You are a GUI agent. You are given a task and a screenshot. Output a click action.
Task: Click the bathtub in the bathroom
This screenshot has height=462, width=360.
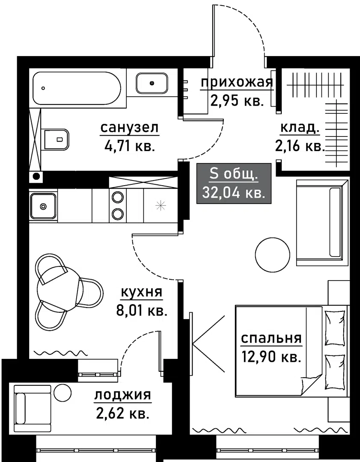click(77, 88)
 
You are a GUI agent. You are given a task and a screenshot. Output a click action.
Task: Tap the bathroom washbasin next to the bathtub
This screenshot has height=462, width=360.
click(152, 83)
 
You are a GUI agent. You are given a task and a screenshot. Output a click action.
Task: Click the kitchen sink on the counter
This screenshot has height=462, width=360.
click(43, 206)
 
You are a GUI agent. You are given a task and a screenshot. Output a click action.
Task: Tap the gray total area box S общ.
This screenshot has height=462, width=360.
click(234, 183)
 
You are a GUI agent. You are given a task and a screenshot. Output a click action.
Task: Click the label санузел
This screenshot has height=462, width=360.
click(130, 128)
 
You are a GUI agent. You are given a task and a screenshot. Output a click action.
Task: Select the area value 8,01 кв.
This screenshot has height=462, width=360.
click(142, 311)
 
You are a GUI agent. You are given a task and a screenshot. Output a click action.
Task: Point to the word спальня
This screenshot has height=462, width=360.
click(271, 338)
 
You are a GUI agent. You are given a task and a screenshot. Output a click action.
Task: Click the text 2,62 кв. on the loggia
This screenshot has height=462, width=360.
click(122, 414)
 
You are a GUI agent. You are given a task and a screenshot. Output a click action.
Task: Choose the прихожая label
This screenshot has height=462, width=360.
click(237, 83)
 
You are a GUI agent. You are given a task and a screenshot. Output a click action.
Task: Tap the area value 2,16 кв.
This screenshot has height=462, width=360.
click(300, 146)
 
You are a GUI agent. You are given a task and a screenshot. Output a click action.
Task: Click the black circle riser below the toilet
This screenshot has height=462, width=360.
click(36, 177)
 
